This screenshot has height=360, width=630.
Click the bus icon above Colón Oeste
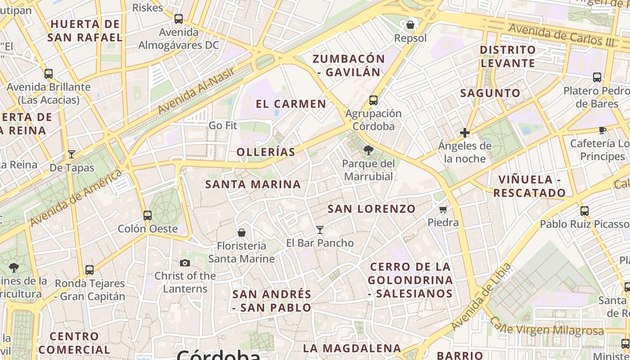tap(148, 215)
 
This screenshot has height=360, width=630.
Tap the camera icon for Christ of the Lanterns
tap(185, 263)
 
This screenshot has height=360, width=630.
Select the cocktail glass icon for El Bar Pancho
tap(320, 230)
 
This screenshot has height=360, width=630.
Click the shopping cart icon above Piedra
tap(443, 209)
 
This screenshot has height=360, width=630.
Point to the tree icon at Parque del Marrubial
tap(369, 150)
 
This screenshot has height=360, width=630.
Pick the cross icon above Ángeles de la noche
tap(465, 133)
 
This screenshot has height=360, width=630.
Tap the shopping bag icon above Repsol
tap(410, 25)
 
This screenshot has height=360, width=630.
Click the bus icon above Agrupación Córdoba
tap(373, 100)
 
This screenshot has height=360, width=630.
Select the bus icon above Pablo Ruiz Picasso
tap(585, 211)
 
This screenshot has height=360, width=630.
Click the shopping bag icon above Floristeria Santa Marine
tap(242, 233)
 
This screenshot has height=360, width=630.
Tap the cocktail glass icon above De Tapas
tap(72, 154)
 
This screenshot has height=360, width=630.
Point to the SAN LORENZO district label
tap(371, 209)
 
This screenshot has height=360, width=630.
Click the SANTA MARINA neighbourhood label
tap(253, 184)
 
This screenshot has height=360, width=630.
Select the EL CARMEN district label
tap(291, 104)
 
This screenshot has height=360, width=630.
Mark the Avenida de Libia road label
tap(481, 296)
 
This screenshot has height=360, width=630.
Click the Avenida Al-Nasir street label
tap(196, 91)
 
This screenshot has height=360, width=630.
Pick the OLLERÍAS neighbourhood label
tap(266, 152)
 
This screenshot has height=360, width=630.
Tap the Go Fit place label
tap(223, 126)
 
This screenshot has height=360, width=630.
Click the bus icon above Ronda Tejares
tap(90, 270)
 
